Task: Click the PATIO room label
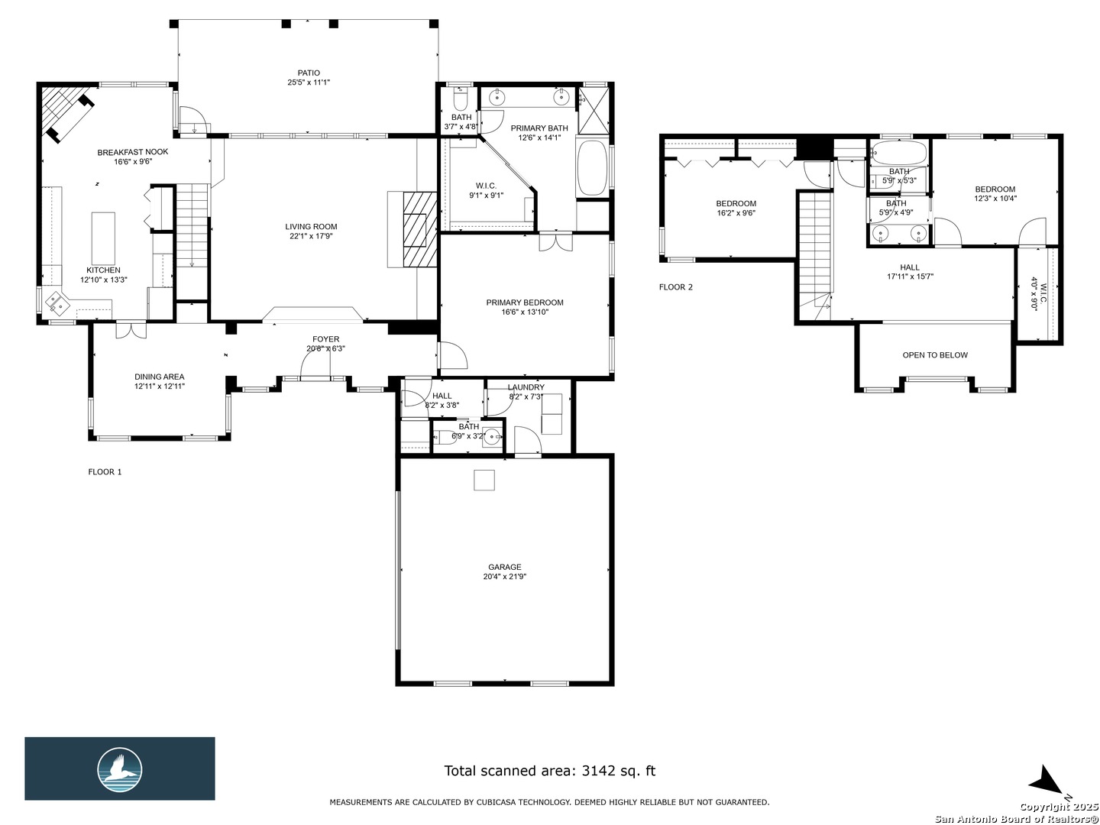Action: [308, 73]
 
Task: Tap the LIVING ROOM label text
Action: [311, 226]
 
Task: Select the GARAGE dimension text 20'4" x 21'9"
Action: [504, 577]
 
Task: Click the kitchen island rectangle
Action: [103, 238]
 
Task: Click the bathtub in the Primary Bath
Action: [592, 168]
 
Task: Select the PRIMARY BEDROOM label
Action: [524, 302]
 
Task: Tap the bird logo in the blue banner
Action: [120, 770]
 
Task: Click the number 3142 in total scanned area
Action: [598, 771]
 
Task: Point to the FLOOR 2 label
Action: [675, 287]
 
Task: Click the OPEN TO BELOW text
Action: [935, 355]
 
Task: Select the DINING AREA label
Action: [160, 377]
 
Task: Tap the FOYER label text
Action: [325, 339]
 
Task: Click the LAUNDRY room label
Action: [526, 387]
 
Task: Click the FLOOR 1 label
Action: [105, 472]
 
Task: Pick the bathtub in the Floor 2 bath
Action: [898, 153]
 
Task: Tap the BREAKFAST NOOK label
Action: [133, 152]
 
